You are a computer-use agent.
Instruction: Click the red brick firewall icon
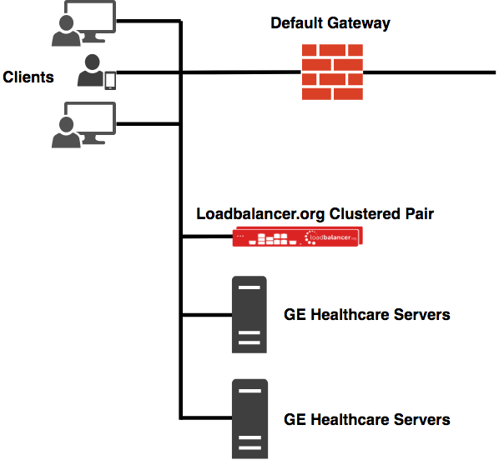(x=332, y=72)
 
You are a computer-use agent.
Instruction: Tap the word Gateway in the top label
(x=359, y=23)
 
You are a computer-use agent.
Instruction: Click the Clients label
(x=28, y=77)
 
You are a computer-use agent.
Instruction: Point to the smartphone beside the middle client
(x=110, y=81)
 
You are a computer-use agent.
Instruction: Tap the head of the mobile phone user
(x=93, y=62)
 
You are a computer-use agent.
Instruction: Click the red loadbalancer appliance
(x=298, y=237)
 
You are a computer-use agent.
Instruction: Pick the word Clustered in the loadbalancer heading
(x=365, y=214)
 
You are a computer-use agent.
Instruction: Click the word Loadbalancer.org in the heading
(x=260, y=214)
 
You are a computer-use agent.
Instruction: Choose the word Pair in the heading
(x=420, y=214)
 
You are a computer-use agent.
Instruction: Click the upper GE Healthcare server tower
(x=249, y=314)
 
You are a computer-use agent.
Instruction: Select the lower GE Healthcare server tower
(x=249, y=419)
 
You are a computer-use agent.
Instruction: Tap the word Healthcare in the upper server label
(x=350, y=315)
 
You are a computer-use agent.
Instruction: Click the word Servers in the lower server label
(x=422, y=420)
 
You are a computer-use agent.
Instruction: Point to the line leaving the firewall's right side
(x=429, y=72)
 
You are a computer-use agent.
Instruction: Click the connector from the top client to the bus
(x=149, y=22)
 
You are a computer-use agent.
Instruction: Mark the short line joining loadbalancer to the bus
(x=208, y=237)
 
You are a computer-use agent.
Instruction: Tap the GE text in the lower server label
(x=295, y=420)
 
